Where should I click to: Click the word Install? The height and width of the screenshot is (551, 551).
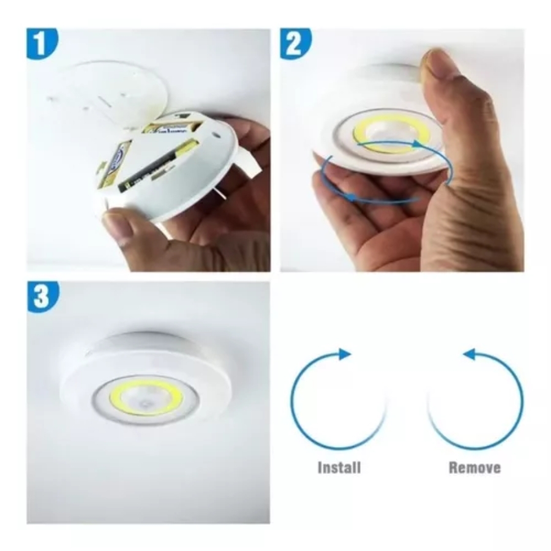(339, 468)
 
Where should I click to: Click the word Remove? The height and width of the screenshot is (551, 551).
(474, 468)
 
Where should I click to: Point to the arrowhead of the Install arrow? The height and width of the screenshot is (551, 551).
(347, 354)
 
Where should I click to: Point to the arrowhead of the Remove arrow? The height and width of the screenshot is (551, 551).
(468, 354)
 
